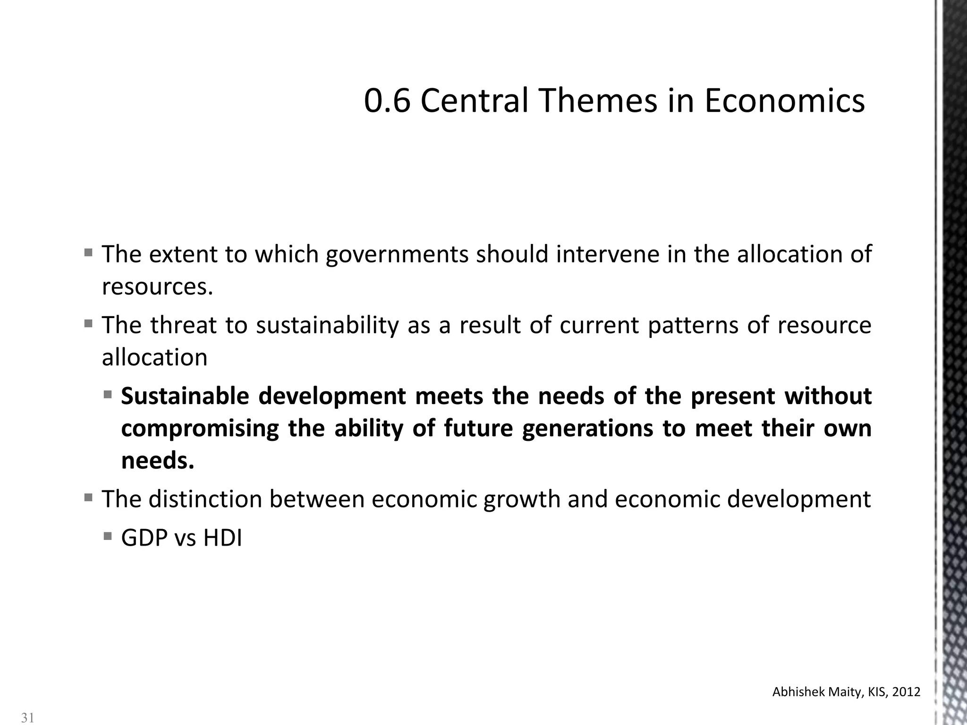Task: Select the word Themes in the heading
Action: (598, 101)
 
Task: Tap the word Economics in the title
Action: (784, 101)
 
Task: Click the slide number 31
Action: (28, 718)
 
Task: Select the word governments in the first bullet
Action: (397, 254)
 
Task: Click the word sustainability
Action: (327, 325)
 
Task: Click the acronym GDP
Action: (144, 538)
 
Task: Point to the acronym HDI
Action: (222, 538)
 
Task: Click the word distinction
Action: (205, 499)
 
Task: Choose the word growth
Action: (522, 499)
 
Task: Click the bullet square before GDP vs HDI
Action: (108, 536)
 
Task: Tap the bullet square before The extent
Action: (88, 253)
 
